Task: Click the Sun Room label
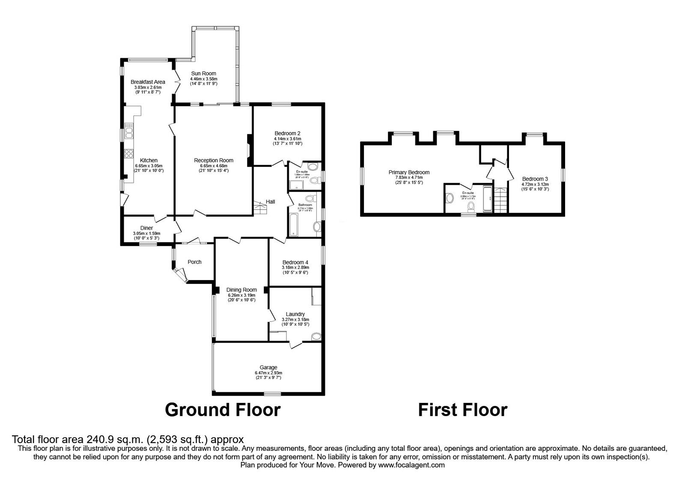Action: click(203, 74)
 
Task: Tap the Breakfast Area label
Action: click(148, 82)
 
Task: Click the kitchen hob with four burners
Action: click(128, 154)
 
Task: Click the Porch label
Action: click(194, 262)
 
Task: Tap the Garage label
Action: click(268, 367)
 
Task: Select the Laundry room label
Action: click(295, 314)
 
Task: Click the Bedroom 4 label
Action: click(295, 263)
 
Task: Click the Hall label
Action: click(271, 201)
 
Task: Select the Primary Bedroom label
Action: click(409, 172)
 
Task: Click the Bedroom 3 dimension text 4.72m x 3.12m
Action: click(535, 184)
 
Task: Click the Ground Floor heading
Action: click(223, 410)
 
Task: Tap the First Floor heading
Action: click(462, 410)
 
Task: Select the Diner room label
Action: click(146, 228)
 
